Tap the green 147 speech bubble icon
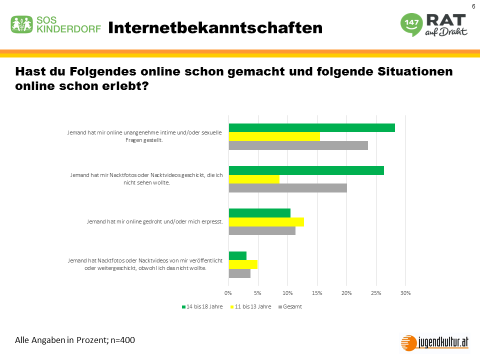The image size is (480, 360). tap(410, 24)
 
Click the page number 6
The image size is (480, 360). tap(473, 6)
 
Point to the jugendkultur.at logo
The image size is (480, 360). tap(435, 342)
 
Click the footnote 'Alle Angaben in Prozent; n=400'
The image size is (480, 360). tap(75, 340)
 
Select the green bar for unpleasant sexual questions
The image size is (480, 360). tap(311, 127)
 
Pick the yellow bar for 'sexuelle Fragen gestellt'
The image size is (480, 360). tap(274, 136)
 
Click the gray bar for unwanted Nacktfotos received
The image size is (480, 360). tap(287, 187)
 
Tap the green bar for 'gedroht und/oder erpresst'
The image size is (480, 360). tap(259, 213)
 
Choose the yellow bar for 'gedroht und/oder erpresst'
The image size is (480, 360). tap(266, 222)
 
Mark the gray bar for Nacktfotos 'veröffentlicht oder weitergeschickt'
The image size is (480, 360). tap(239, 273)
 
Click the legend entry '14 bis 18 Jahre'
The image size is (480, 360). tap(202, 306)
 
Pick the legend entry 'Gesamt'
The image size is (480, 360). tap(293, 306)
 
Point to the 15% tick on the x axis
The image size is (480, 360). tap(317, 292)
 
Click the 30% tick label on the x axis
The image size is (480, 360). tap(406, 292)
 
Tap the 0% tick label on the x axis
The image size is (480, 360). tap(228, 292)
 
